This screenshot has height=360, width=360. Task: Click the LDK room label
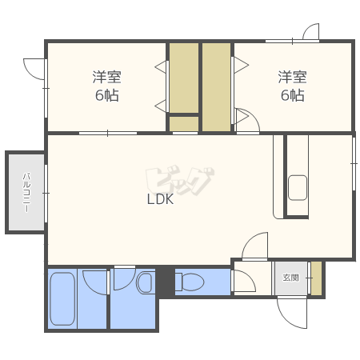(160, 199)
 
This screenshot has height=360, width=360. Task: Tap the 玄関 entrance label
(290, 278)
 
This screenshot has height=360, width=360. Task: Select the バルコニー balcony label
(26, 193)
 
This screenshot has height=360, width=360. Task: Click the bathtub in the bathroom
(62, 298)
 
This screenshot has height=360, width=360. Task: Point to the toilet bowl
(190, 282)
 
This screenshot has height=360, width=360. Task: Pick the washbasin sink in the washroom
(145, 282)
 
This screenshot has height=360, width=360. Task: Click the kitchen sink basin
(298, 188)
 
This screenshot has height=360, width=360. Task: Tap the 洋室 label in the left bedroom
(107, 77)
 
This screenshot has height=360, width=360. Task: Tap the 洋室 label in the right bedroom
(293, 77)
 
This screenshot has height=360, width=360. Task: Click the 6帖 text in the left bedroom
(107, 95)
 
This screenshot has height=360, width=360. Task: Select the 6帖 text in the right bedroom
(293, 95)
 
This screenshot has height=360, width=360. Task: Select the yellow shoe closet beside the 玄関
(317, 278)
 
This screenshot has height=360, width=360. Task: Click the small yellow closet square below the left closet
(184, 124)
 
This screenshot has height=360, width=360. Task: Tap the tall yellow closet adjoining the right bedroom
(216, 87)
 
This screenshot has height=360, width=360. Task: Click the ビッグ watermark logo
(180, 181)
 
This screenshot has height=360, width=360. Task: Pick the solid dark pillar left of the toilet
(166, 281)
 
